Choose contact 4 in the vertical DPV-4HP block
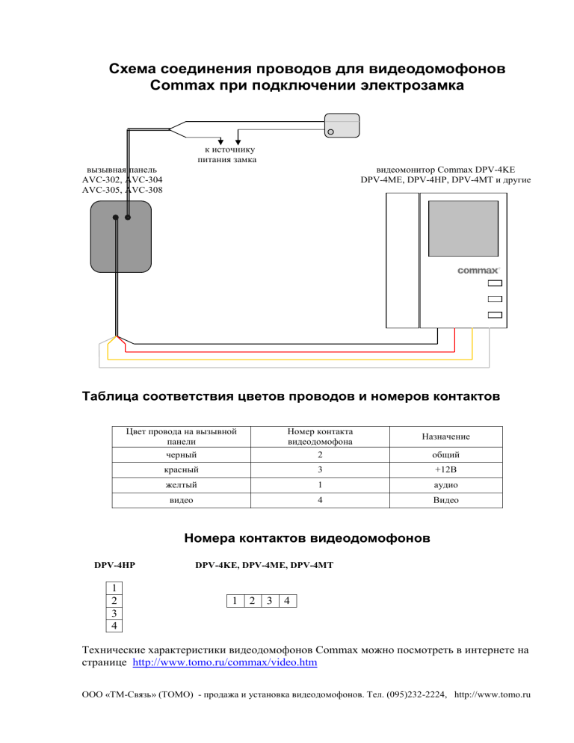click(113, 624)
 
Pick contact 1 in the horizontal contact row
click(234, 601)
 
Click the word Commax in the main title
click(182, 86)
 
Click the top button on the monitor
click(493, 284)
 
